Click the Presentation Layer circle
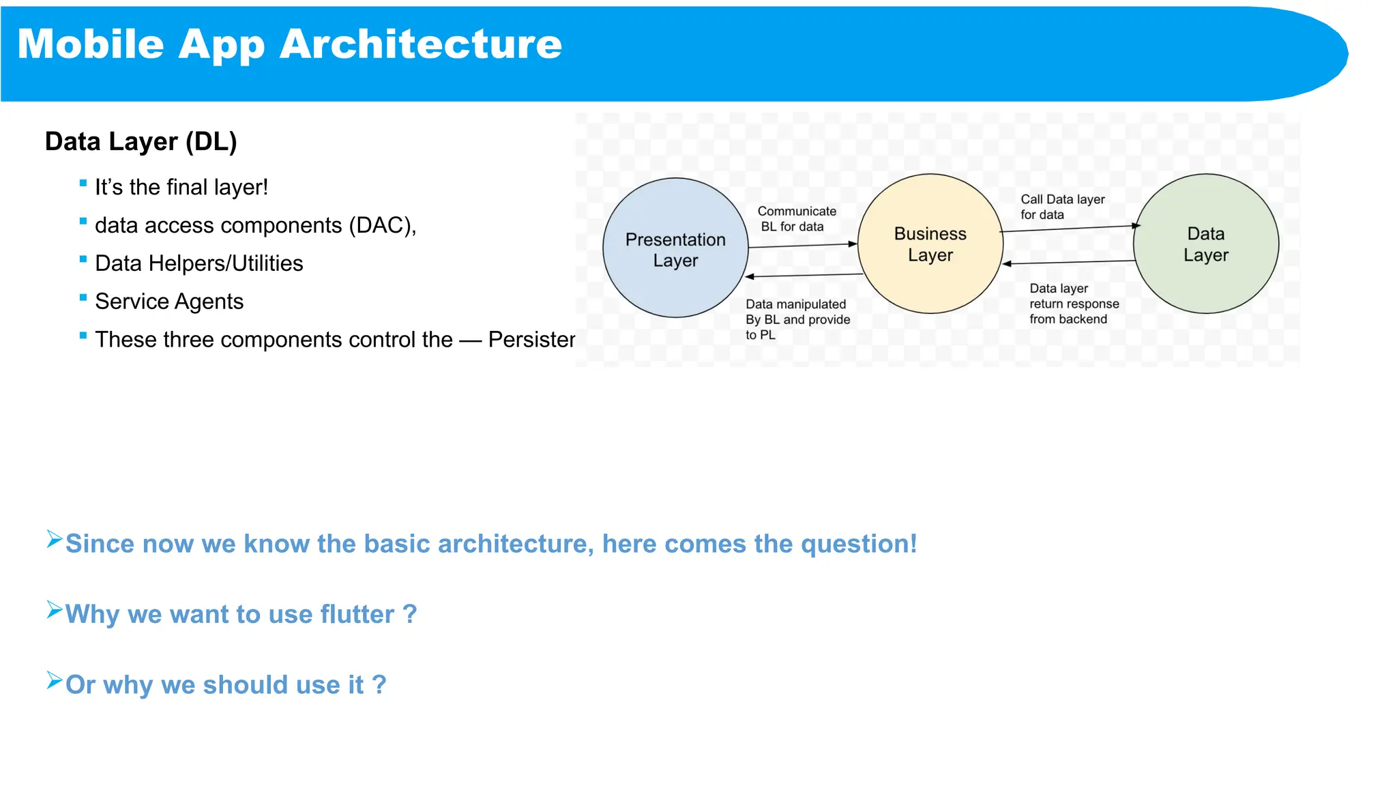coord(675,248)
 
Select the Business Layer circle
coord(930,244)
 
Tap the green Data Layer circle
coord(1205,244)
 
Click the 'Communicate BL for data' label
coord(795,219)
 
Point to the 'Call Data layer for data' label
coord(1061,207)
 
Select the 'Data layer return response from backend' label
coord(1073,304)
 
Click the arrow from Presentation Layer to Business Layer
coord(802,245)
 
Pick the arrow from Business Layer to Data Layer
coord(1069,229)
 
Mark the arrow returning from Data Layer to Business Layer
coord(1069,262)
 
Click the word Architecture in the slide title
coord(420,44)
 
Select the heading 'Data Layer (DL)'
coord(141,141)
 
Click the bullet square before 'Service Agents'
coord(83,297)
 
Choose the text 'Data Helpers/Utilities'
coord(198,263)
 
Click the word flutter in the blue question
coord(357,614)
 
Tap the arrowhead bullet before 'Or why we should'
coord(55,680)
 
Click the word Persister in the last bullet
coord(531,340)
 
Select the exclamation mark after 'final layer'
coord(265,187)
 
